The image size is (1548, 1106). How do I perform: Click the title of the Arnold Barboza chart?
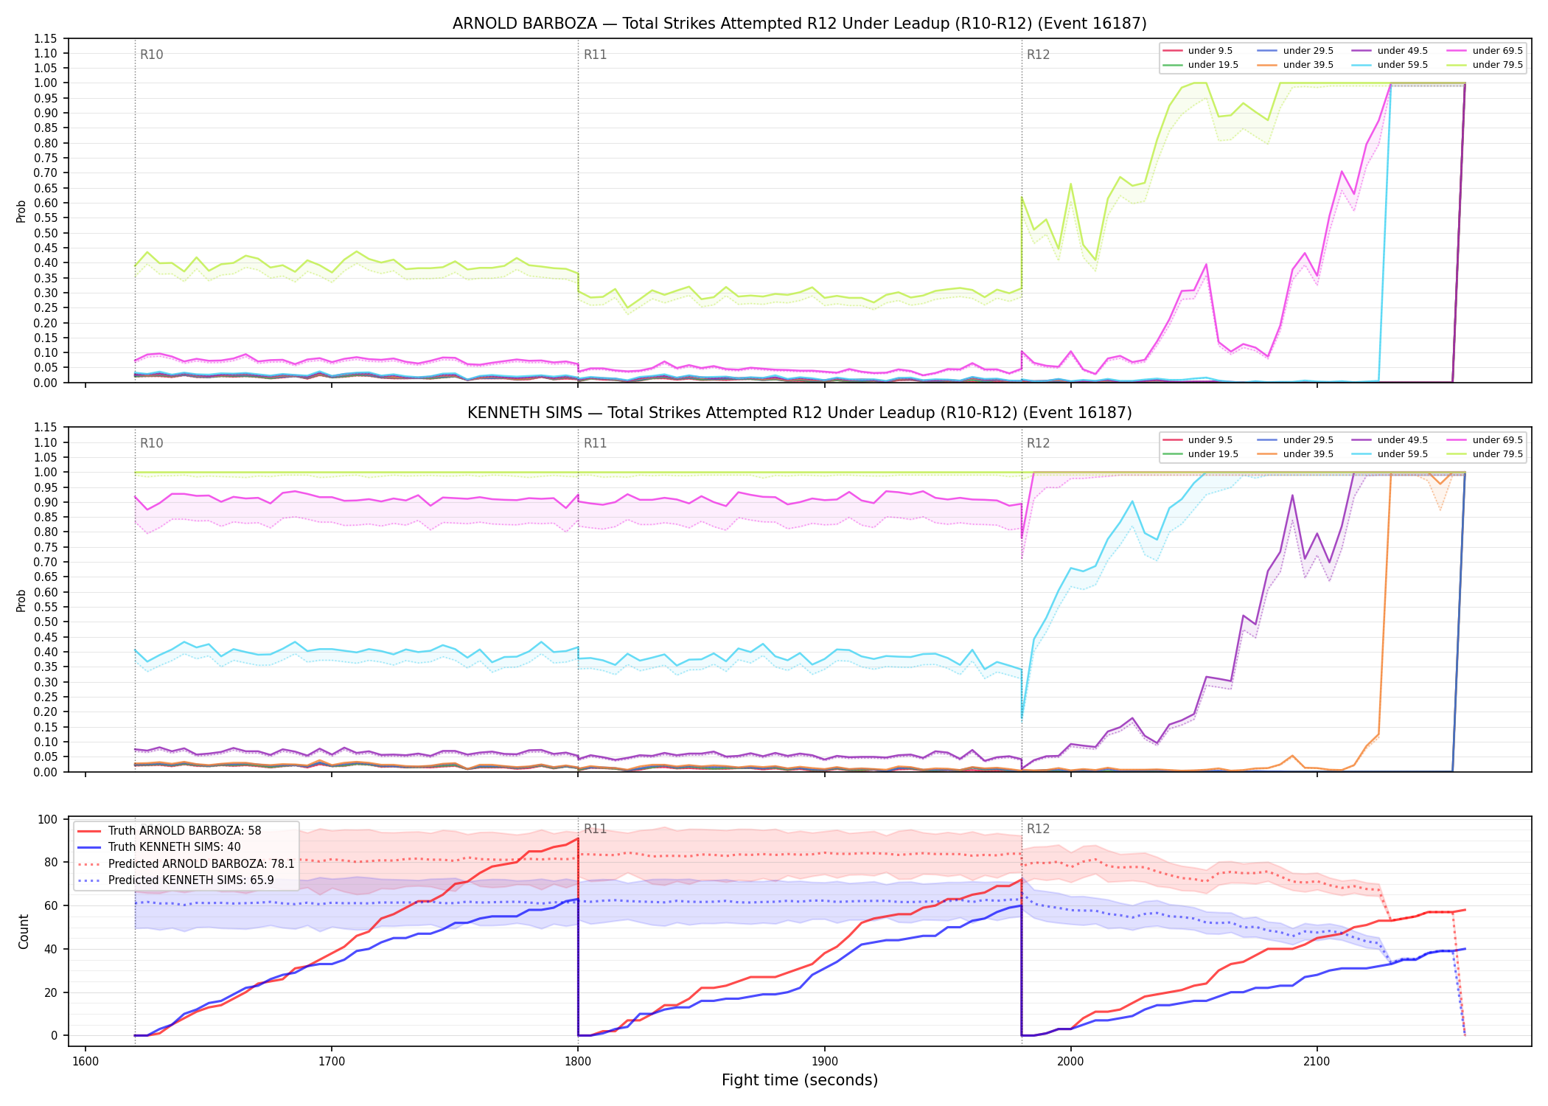799,24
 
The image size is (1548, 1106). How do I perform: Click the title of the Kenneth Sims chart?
799,413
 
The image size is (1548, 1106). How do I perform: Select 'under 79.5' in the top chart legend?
1497,65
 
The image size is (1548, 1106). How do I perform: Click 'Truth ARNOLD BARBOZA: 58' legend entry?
184,831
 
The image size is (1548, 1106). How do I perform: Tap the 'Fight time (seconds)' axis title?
800,1080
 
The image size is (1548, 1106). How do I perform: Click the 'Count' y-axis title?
24,932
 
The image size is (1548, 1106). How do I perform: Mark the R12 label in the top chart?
1038,55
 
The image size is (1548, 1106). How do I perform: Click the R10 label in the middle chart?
151,443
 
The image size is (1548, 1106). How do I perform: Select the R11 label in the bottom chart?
595,829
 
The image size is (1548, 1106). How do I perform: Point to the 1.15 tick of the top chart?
46,38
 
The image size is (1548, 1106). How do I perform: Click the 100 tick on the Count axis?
48,819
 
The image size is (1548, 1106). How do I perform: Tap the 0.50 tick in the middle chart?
46,622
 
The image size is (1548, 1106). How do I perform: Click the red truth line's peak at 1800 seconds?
578,838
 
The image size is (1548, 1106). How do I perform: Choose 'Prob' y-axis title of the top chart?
21,212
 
